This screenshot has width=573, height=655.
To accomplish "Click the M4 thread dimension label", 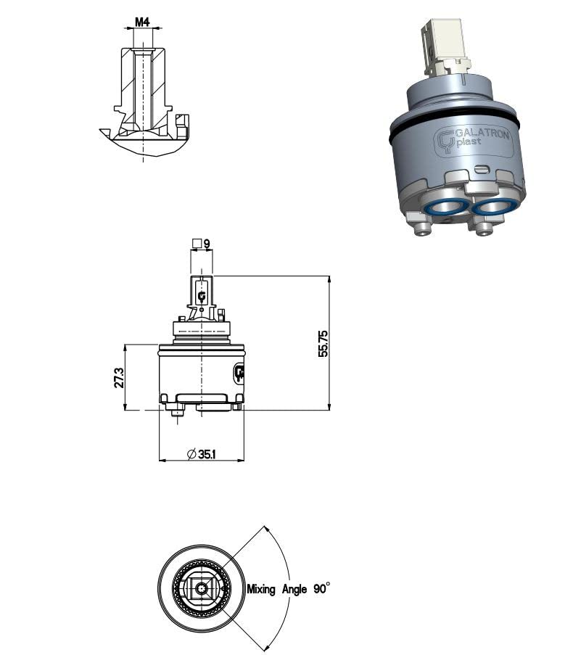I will [142, 22].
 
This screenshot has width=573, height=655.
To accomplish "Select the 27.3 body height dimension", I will [119, 377].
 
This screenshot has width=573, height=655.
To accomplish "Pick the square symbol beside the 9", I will [196, 244].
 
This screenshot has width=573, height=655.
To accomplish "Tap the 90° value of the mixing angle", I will [321, 589].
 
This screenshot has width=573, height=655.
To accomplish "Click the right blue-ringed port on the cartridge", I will [495, 207].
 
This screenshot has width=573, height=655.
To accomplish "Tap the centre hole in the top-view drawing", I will [201, 589].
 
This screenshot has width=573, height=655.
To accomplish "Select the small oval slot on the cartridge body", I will [482, 169].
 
